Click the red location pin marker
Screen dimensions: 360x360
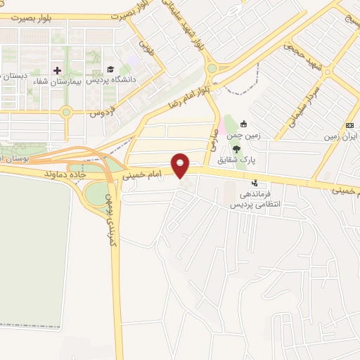point(181,165)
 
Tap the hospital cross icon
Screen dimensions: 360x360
point(58,70)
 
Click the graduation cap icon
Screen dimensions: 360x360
point(110,70)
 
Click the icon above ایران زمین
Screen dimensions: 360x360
point(349,124)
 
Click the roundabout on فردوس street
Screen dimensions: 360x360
point(66,111)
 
